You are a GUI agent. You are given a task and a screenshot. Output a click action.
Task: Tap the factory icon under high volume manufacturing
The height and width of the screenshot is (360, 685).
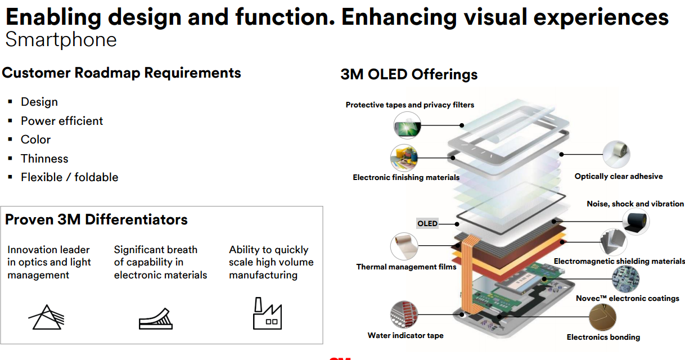(x=267, y=313)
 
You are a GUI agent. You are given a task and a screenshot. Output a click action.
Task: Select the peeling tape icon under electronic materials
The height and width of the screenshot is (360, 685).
(x=156, y=319)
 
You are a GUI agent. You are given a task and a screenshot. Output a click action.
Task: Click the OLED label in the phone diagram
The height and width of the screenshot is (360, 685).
(x=427, y=223)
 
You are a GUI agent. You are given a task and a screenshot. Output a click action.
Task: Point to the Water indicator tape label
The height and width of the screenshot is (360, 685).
(x=405, y=335)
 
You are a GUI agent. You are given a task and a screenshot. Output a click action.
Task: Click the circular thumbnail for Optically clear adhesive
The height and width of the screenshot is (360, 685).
(x=616, y=154)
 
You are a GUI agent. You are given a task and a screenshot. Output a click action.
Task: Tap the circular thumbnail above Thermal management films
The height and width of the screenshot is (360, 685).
(x=404, y=246)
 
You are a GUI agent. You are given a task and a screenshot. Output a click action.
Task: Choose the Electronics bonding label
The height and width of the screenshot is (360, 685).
(x=603, y=337)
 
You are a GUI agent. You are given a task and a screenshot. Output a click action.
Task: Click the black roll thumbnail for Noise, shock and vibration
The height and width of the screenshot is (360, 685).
(x=636, y=221)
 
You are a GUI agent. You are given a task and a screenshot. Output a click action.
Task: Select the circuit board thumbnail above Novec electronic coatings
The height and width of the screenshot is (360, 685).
(x=625, y=278)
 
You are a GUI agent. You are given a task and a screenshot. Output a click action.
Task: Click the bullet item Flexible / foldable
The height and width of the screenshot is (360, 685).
(x=69, y=177)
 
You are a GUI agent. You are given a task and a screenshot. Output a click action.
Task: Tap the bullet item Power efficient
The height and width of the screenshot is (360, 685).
(x=62, y=121)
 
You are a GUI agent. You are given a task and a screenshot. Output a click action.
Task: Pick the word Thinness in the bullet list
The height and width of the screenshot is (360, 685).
(x=44, y=159)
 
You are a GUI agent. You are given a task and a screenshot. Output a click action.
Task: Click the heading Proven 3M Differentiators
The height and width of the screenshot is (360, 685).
(x=96, y=219)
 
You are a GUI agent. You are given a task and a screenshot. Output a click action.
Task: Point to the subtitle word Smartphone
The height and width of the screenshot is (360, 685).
(x=61, y=40)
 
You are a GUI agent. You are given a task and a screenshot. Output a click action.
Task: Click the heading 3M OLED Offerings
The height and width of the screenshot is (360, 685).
(x=409, y=74)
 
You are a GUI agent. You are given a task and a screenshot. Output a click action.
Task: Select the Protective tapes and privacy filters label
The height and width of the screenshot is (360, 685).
(x=410, y=105)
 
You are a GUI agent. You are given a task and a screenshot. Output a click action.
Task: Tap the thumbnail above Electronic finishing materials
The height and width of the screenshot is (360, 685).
(x=404, y=158)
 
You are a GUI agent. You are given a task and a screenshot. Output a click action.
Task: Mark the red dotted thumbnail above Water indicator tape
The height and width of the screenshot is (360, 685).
(x=404, y=314)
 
